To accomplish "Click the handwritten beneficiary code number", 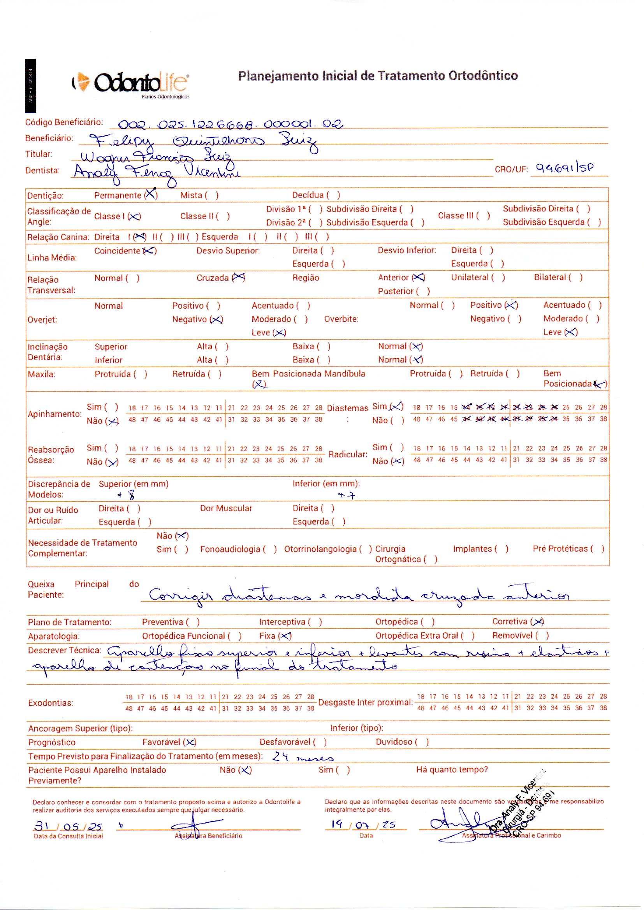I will pos(231,125).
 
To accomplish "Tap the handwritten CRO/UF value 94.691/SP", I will pos(565,168).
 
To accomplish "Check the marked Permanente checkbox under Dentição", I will pos(151,194).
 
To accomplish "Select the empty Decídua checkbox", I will pos(333,195).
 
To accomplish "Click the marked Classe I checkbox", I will pos(134,216).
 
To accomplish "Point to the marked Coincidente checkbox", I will pos(149,251).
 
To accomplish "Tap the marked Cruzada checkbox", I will pos(239,278).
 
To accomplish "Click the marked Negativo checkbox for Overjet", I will pos(216,320).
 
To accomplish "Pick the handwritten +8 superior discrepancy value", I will pos(127,495).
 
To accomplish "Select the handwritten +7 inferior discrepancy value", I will pos(347,495).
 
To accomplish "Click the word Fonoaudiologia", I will pos(230,549).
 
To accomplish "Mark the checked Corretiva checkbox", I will pos(538,622).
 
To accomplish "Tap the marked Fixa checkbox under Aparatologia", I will pos(285,636).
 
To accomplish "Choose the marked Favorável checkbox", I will pos(190,742).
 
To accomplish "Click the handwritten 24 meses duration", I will pos(303,757).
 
